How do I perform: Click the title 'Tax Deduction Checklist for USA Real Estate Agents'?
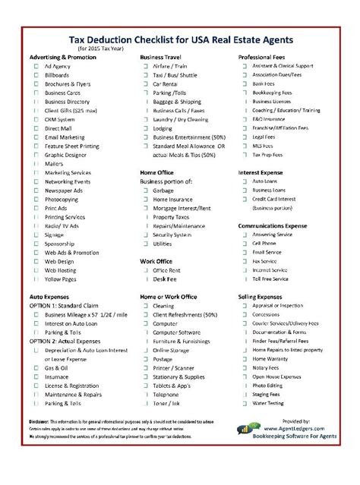[180, 39]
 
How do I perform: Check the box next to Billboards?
[36, 76]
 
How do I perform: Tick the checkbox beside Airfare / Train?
[145, 67]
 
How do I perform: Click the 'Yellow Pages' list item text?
[61, 279]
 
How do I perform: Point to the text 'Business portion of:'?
[166, 182]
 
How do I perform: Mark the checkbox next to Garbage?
[145, 191]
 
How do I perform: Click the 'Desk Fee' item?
[166, 279]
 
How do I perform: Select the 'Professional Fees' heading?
[264, 58]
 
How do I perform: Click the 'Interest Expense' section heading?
[263, 173]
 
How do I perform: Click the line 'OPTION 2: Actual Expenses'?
[69, 342]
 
